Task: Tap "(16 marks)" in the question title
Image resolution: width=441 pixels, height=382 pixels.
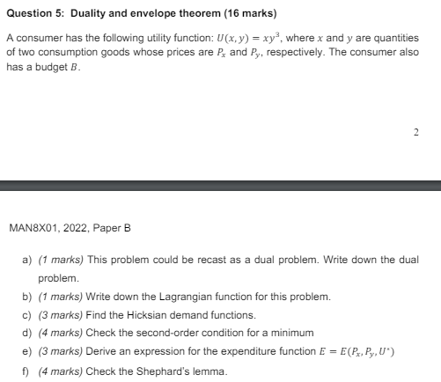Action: pyautogui.click(x=251, y=14)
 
